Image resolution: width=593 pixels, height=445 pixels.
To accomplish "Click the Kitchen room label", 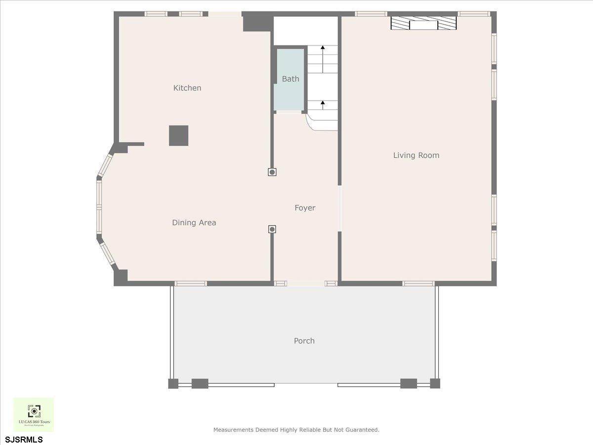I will click(187, 88).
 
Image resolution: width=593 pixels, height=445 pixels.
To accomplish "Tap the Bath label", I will click(291, 79).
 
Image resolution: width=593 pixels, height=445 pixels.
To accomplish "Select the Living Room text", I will click(416, 155).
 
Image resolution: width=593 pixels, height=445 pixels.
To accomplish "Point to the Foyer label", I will click(305, 208).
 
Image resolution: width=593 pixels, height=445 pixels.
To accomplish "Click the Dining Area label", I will click(194, 222).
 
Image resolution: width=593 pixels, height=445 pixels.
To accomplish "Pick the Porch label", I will click(304, 341).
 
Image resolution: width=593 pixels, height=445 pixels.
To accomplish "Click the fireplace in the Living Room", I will click(424, 24).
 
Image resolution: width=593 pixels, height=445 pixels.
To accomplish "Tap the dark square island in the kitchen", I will click(178, 135).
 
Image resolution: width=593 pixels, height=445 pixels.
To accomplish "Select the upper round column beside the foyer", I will click(272, 172).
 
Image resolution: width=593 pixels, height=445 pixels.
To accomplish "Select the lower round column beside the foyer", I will click(272, 229).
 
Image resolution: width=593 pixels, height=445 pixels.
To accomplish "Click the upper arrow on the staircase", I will click(323, 48).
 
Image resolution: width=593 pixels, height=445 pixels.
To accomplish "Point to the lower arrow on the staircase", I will click(323, 103).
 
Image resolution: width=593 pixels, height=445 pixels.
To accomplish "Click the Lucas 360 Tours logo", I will click(34, 414).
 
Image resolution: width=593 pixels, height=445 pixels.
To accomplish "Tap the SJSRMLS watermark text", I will click(24, 439).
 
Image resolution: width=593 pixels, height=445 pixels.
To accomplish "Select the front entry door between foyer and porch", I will click(306, 283).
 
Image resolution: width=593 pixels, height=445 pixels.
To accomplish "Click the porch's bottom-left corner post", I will click(173, 383).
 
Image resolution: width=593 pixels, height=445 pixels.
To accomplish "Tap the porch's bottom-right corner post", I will click(435, 383).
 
